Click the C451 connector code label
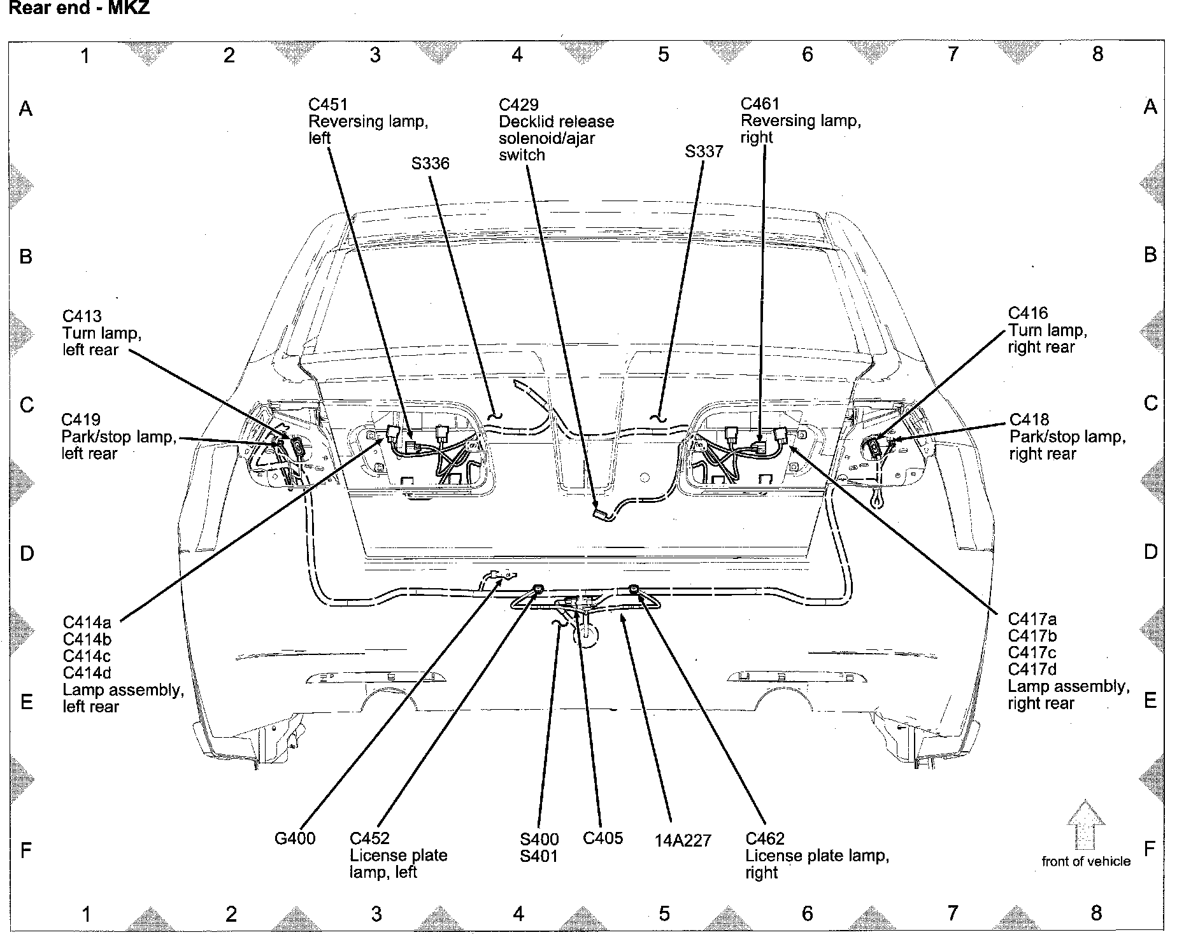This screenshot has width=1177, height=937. click(328, 105)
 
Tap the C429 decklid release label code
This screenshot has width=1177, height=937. click(518, 105)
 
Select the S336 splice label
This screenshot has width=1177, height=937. click(430, 164)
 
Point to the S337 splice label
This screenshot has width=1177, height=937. click(704, 151)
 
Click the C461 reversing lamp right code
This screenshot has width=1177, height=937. click(760, 104)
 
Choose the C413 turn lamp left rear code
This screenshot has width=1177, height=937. click(82, 316)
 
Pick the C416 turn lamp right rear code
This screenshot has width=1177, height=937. click(1028, 313)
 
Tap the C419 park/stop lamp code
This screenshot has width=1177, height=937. click(81, 420)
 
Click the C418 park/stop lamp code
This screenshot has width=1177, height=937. click(1029, 420)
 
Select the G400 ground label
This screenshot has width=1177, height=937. click(295, 838)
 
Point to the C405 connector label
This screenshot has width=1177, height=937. click(603, 838)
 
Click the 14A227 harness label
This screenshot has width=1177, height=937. click(682, 841)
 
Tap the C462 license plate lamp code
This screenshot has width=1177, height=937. click(765, 839)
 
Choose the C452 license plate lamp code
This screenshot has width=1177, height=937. click(369, 839)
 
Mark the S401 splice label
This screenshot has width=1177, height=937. click(539, 856)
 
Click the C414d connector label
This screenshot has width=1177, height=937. click(87, 673)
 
